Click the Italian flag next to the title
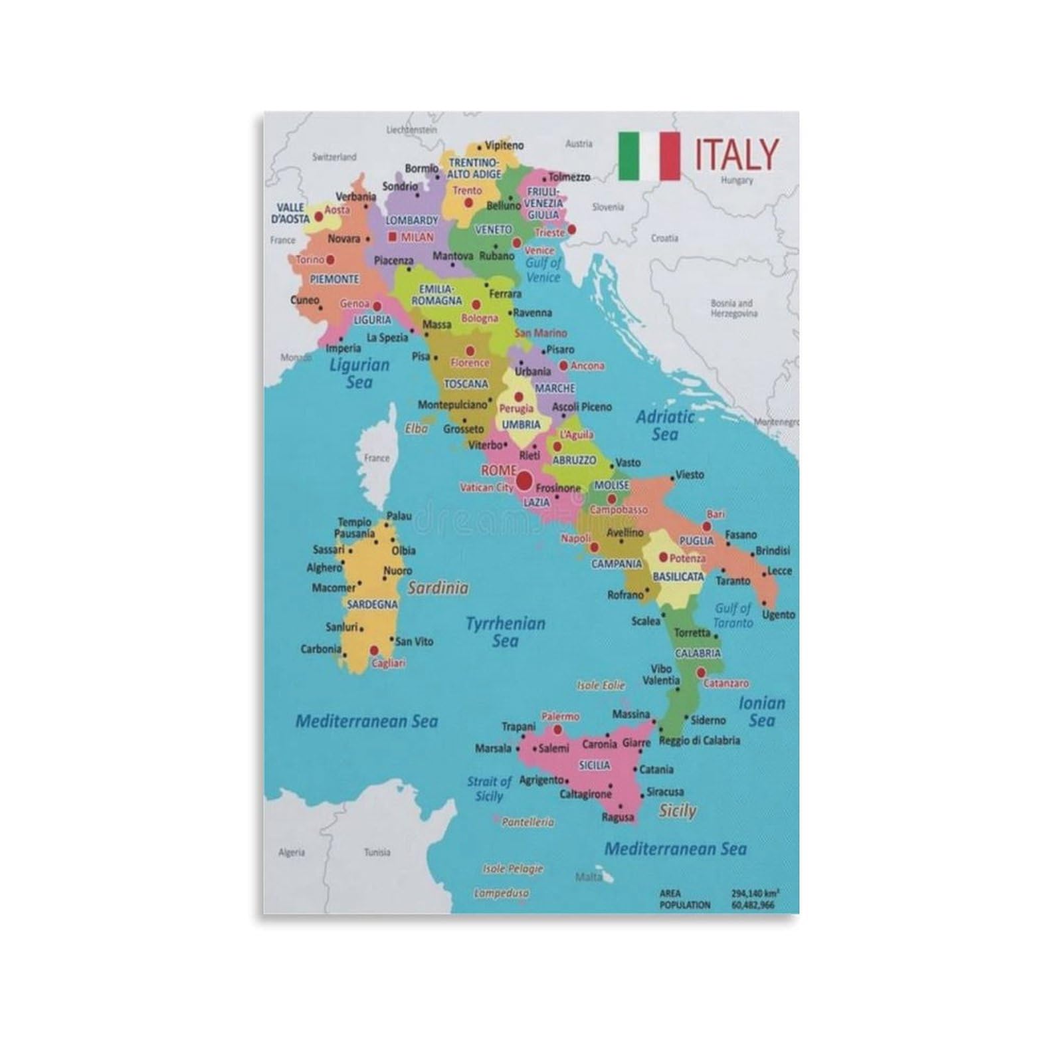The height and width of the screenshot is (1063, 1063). coord(649,156)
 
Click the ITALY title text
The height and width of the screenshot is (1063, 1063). coord(736,154)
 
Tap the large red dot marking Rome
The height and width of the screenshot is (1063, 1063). coord(525,479)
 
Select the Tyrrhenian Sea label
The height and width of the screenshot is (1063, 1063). coord(505,632)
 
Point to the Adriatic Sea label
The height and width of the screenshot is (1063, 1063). coord(664,425)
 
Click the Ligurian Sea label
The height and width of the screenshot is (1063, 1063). coord(359,373)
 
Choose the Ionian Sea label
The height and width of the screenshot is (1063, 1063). coord(761,712)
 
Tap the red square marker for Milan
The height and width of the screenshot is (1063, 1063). coord(393,236)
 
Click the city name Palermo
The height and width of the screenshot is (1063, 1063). coord(560,717)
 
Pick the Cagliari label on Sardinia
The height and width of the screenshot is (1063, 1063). coord(389,663)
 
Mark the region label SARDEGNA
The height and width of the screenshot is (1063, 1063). coord(372,605)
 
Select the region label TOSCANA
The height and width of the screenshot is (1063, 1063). coord(466,384)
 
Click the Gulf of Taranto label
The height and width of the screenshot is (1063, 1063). coord(733,615)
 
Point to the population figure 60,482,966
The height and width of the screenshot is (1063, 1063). coord(753,905)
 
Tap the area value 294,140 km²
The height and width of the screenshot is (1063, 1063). coord(755,894)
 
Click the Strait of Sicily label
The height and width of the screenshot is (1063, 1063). coord(489,789)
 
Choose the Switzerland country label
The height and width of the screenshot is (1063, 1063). coord(334,157)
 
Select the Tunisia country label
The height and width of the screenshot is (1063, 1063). coord(377,852)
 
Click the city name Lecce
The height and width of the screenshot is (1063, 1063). coord(779,571)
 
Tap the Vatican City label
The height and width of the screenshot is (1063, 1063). coord(486,488)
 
